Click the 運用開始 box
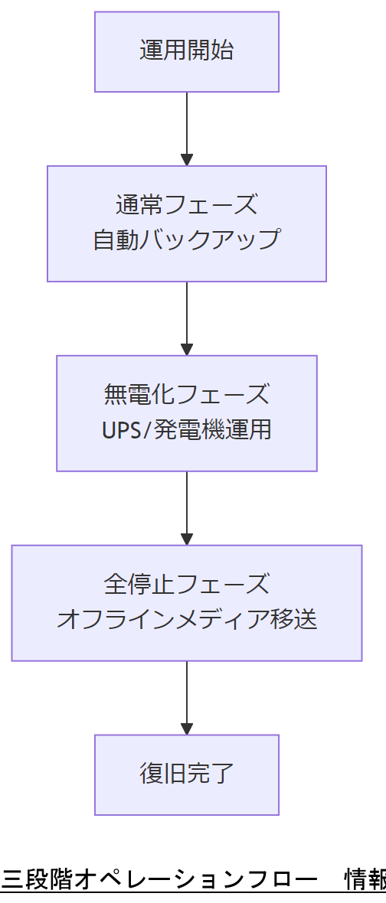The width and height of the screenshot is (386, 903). tap(187, 51)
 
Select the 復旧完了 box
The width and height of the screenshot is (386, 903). tap(187, 774)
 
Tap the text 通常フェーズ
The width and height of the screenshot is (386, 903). tap(187, 205)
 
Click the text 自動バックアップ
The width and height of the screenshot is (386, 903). tap(187, 240)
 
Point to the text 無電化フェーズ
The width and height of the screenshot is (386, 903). tap(187, 395)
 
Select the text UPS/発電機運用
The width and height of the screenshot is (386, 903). tap(187, 429)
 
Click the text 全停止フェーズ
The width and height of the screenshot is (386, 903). tap(187, 585)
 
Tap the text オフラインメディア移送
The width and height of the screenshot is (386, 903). tap(187, 619)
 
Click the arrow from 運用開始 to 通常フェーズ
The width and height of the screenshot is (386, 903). tap(187, 126)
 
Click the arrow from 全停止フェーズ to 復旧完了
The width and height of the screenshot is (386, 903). tap(187, 696)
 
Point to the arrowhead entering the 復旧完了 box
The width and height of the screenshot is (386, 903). tap(187, 729)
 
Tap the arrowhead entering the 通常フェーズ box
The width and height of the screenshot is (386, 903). tap(187, 159)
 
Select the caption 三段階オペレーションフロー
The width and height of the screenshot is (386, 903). tap(159, 880)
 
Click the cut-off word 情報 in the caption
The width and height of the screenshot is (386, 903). tap(365, 880)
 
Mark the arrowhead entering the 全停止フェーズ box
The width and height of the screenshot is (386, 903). tap(187, 539)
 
